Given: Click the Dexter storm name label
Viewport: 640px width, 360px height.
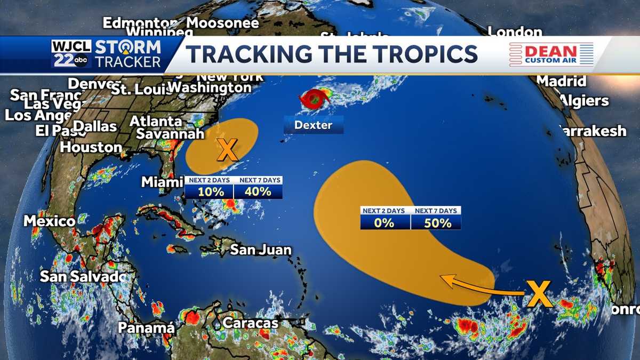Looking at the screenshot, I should tap(313, 125).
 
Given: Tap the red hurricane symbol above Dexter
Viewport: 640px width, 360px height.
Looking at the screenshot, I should tap(314, 99).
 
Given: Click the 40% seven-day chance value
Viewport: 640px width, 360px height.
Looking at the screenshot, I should tap(258, 191).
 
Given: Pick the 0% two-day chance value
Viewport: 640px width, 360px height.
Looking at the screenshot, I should tap(384, 222).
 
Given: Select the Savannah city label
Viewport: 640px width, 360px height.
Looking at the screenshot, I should tap(170, 134).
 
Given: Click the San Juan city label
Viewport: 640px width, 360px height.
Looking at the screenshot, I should tap(261, 250).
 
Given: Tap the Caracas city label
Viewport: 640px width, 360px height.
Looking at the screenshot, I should tap(251, 323).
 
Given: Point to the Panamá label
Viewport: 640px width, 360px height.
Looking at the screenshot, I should tap(146, 327).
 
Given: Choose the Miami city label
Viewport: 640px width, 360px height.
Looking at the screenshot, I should tap(162, 182).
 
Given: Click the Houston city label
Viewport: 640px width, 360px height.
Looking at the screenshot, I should tap(91, 147).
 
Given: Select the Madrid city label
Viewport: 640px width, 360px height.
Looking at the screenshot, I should tap(561, 81).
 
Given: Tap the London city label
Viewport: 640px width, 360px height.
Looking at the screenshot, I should tap(515, 32).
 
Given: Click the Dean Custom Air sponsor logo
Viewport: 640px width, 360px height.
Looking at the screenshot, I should tap(551, 54).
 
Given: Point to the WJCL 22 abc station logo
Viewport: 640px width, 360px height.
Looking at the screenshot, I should tap(71, 54).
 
